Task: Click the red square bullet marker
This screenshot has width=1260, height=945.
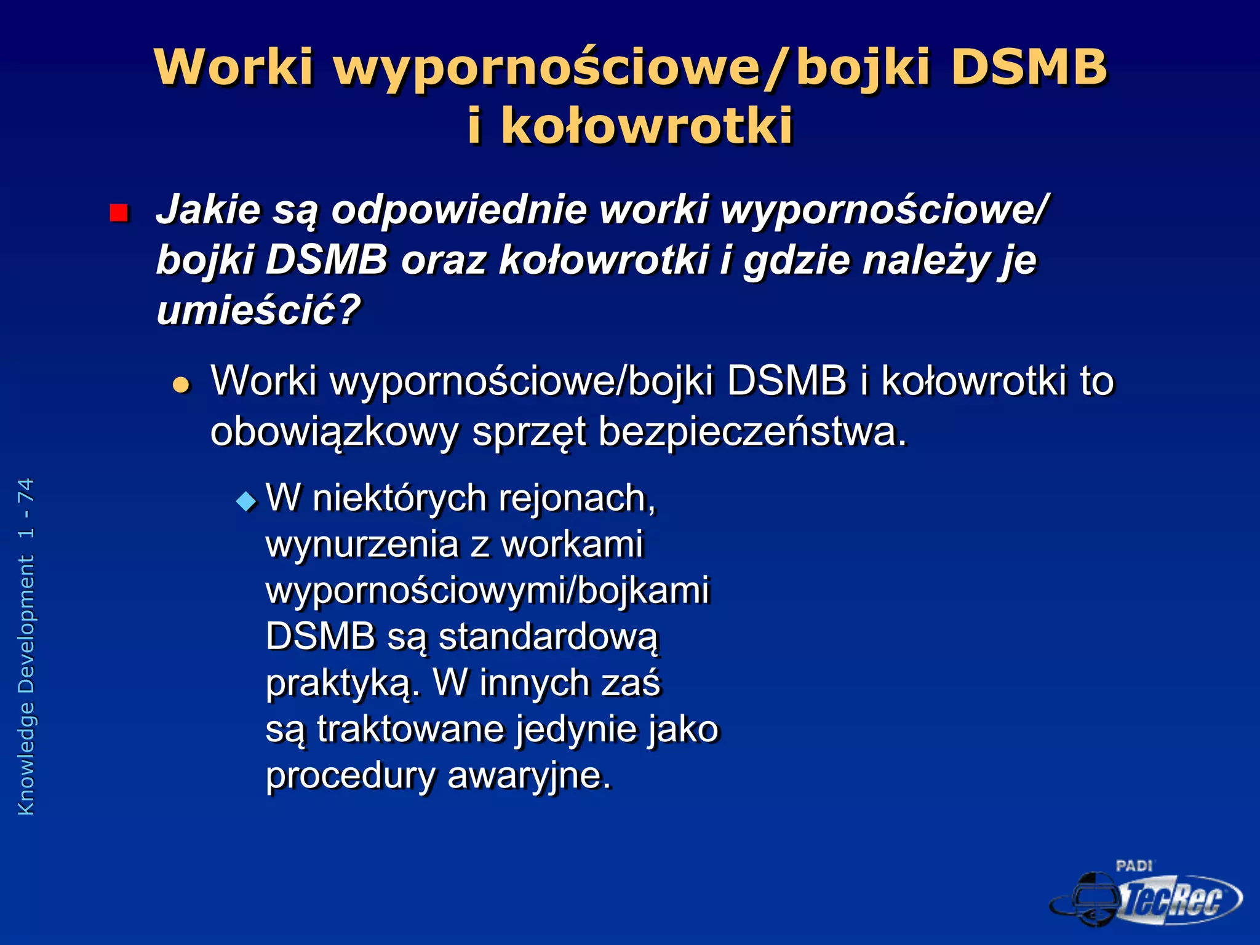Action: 119,213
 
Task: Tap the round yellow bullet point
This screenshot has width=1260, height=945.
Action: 181,385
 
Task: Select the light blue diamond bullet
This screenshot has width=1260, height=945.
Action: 246,501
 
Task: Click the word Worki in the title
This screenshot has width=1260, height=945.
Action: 234,66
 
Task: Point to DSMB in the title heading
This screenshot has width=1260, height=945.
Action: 1028,66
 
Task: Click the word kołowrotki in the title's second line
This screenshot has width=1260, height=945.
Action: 647,126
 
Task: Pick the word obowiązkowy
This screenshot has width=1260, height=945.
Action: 334,432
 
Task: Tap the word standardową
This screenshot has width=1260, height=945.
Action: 548,636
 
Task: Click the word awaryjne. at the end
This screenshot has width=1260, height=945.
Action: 529,775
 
